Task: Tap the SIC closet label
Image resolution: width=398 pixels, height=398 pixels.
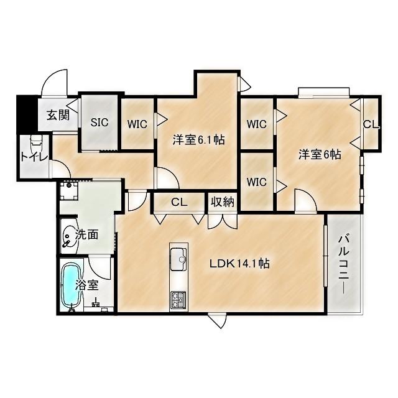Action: tap(99, 123)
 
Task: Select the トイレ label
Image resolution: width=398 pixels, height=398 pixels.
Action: tap(32, 157)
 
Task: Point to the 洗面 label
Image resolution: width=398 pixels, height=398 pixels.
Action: tap(87, 235)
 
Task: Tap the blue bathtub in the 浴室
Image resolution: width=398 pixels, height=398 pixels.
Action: tap(72, 285)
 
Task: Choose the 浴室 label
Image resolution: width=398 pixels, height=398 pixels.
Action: tap(87, 285)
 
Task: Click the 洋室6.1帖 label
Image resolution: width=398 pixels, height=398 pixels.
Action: tap(198, 141)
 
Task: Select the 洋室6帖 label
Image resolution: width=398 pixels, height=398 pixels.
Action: tap(319, 154)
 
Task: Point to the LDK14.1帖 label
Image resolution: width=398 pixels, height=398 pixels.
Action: tap(239, 264)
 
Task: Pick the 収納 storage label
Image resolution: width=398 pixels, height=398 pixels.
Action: tap(221, 201)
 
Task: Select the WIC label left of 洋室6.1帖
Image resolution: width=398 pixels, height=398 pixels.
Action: tap(137, 124)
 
